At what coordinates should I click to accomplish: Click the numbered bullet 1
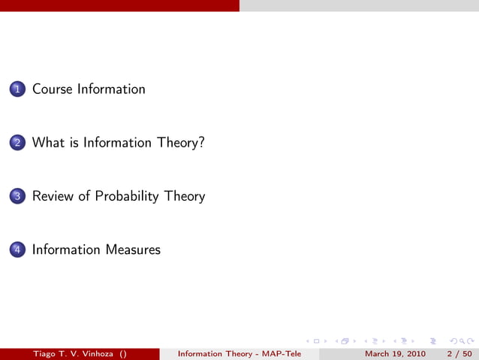[x=17, y=89]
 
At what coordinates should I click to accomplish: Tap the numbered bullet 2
[x=17, y=143]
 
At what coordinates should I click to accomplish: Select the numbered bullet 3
[x=17, y=197]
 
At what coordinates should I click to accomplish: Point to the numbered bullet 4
[x=17, y=250]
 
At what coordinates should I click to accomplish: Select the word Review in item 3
[x=53, y=196]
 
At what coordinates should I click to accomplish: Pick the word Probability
[x=127, y=196]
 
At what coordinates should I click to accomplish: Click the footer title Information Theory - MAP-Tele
[x=239, y=354]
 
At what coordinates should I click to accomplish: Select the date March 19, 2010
[x=395, y=354]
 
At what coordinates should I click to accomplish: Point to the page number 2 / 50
[x=459, y=354]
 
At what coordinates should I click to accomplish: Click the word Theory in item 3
[x=184, y=196]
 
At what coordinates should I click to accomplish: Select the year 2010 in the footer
[x=414, y=354]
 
